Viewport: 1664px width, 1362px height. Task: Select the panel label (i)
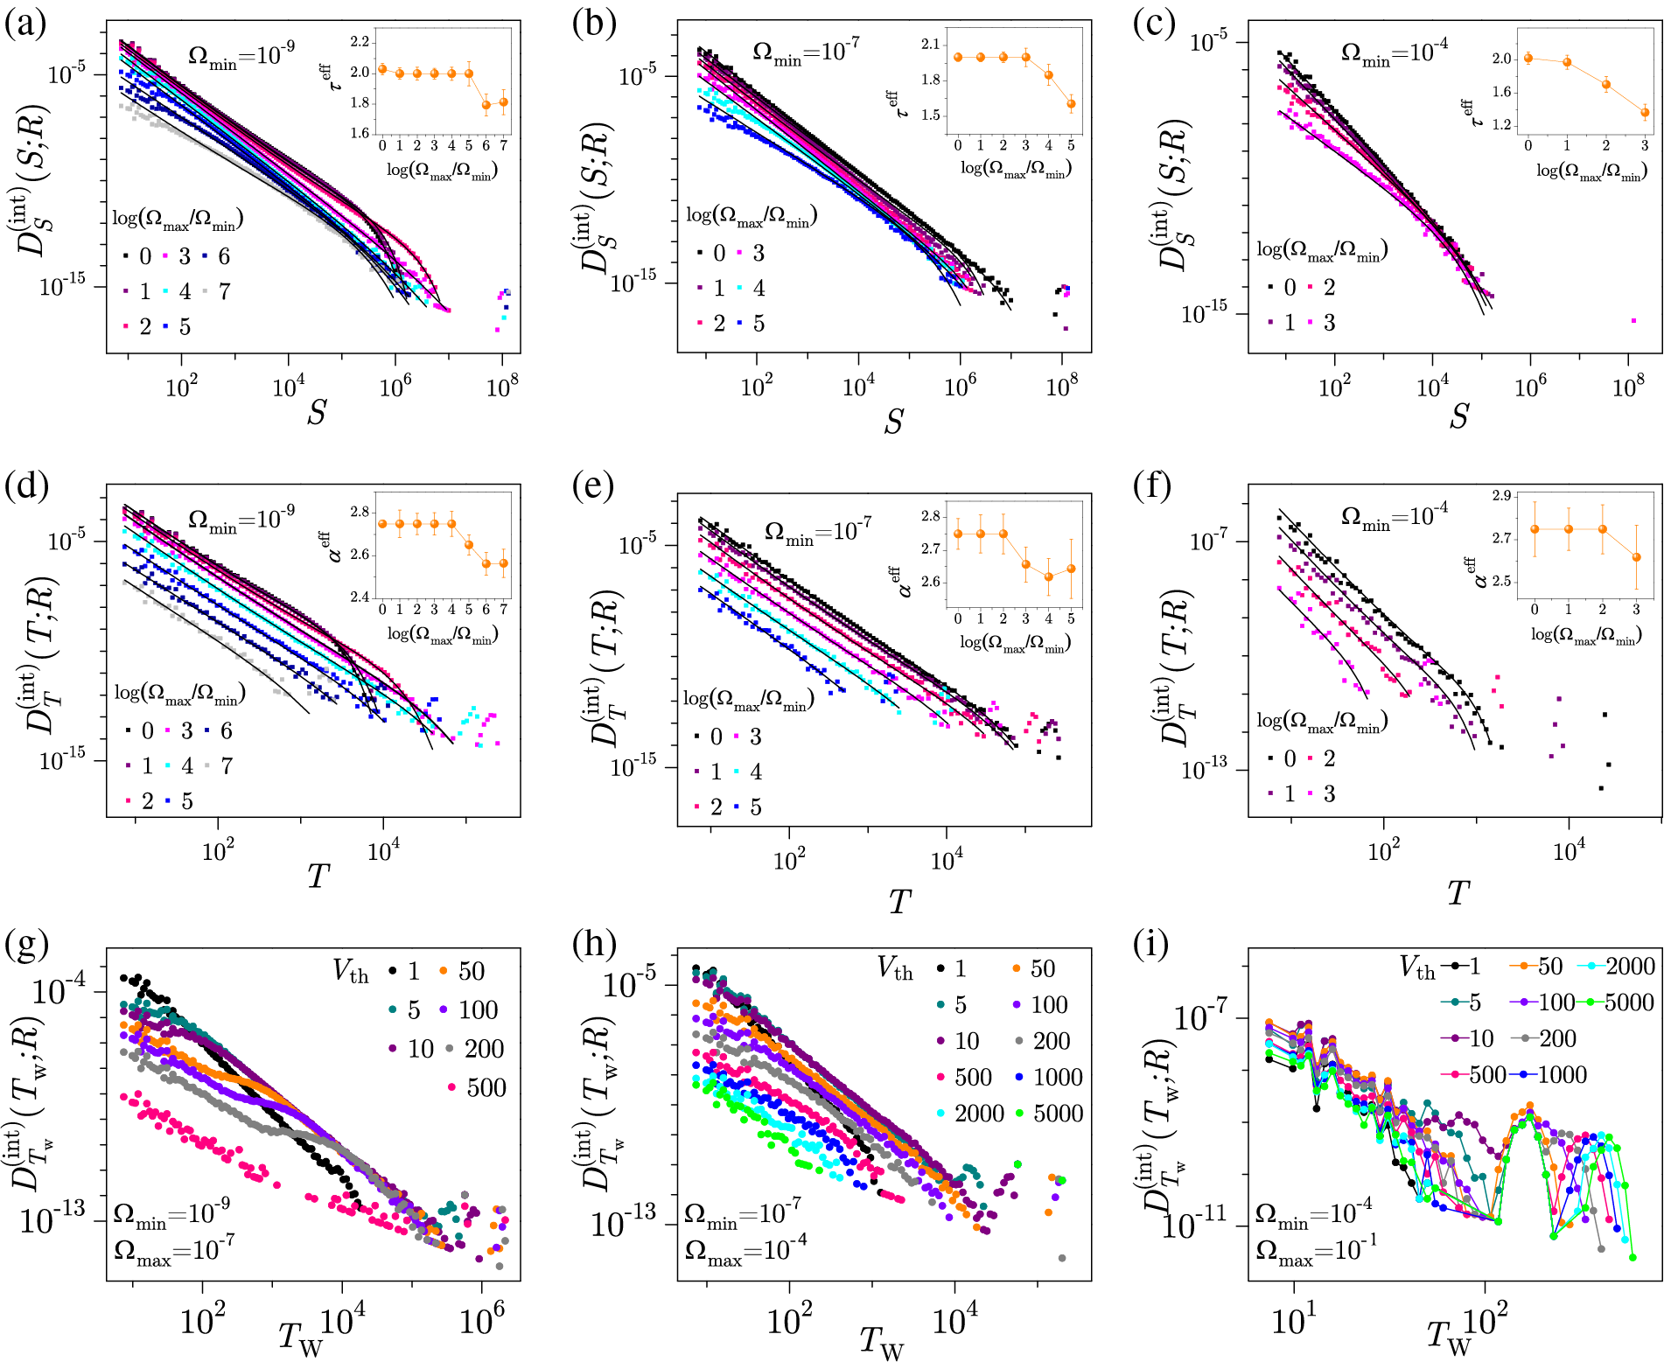[x=1152, y=944]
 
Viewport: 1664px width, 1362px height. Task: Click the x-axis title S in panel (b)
[x=893, y=422]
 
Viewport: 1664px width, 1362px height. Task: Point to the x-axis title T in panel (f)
[x=1458, y=893]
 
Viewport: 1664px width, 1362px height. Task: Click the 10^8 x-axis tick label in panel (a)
[x=502, y=386]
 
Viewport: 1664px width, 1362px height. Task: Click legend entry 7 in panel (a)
[x=224, y=291]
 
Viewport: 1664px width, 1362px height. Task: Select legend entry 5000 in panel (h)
[x=1059, y=1114]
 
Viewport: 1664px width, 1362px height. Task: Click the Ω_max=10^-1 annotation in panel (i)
[x=1316, y=1252]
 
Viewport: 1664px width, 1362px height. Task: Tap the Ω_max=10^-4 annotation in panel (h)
[x=745, y=1252]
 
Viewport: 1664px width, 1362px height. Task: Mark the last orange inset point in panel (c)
[x=1645, y=112]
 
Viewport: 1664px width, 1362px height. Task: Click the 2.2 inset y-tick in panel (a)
[x=360, y=42]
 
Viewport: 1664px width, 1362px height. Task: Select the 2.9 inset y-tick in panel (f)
[x=1501, y=496]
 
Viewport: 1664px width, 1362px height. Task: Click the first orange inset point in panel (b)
[x=958, y=58]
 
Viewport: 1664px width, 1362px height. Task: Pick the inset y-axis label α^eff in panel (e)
[x=902, y=578]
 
